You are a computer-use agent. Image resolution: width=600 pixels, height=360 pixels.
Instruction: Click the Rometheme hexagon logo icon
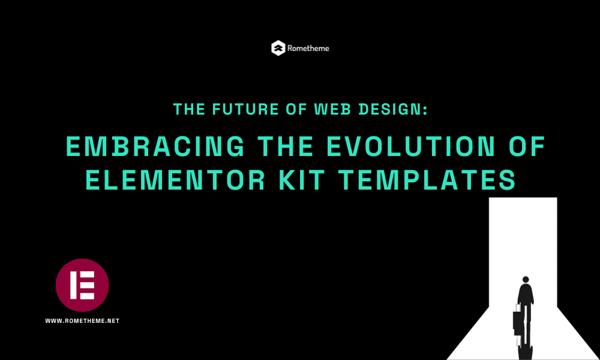[x=278, y=48]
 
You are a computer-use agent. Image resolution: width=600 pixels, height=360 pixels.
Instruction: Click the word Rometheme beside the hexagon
[x=308, y=48]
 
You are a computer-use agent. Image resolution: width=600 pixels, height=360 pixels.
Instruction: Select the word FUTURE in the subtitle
[x=245, y=109]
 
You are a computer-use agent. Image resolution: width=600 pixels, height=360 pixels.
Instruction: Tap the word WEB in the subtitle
[x=332, y=109]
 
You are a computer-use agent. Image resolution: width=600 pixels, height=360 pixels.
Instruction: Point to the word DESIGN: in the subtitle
[x=393, y=109]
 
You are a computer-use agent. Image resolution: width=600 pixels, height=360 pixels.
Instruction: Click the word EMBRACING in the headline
[x=155, y=146]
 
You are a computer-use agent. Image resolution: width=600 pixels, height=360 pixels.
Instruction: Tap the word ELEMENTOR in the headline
[x=175, y=180]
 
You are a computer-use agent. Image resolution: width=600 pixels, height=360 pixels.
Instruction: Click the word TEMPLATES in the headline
[x=427, y=180]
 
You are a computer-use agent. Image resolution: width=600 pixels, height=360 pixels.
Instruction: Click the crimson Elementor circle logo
[x=82, y=286]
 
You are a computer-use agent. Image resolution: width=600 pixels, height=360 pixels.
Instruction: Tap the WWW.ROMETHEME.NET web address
[x=82, y=321]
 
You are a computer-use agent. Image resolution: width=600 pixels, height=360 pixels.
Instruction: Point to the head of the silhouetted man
[x=526, y=279]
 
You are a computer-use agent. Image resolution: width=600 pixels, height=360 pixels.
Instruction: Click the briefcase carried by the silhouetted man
[x=517, y=319]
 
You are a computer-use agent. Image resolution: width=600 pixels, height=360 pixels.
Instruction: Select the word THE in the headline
[x=286, y=146]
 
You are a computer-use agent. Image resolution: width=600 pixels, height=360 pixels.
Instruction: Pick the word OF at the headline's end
[x=527, y=146]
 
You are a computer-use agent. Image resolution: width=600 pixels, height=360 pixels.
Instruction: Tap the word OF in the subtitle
[x=296, y=109]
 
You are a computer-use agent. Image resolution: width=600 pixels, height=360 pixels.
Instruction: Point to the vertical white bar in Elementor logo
[x=73, y=286]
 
